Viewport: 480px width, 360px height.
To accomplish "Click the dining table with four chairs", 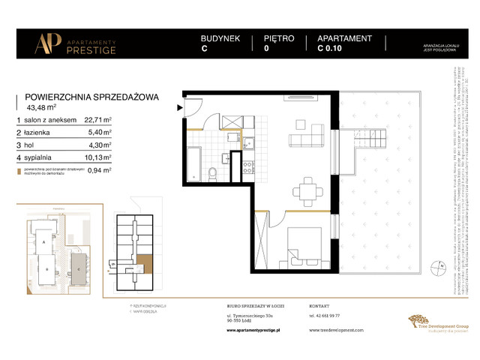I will click(307, 187).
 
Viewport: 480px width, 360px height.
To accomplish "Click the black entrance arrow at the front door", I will click(178, 107).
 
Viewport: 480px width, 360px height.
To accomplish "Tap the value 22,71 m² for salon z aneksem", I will click(97, 119).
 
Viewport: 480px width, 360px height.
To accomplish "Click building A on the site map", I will click(44, 244).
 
